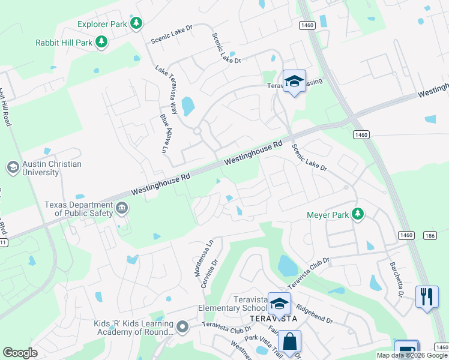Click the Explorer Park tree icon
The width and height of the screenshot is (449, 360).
pyautogui.click(x=137, y=23)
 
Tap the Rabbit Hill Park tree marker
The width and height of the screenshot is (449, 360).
pyautogui.click(x=102, y=41)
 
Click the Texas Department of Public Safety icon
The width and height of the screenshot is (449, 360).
pyautogui.click(x=122, y=208)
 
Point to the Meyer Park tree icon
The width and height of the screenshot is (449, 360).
pyautogui.click(x=358, y=214)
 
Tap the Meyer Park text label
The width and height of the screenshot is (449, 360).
pyautogui.click(x=328, y=214)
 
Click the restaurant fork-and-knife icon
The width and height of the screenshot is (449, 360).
pyautogui.click(x=426, y=296)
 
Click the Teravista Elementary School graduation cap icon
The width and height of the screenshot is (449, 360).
pyautogui.click(x=279, y=304)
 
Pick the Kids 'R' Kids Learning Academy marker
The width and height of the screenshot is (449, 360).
pyautogui.click(x=183, y=327)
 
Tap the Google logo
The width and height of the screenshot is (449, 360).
pyautogui.click(x=20, y=353)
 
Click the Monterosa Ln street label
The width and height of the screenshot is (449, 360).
pyautogui.click(x=202, y=259)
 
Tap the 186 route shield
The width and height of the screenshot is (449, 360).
pyautogui.click(x=429, y=235)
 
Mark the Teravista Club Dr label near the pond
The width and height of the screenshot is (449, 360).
pyautogui.click(x=310, y=272)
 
